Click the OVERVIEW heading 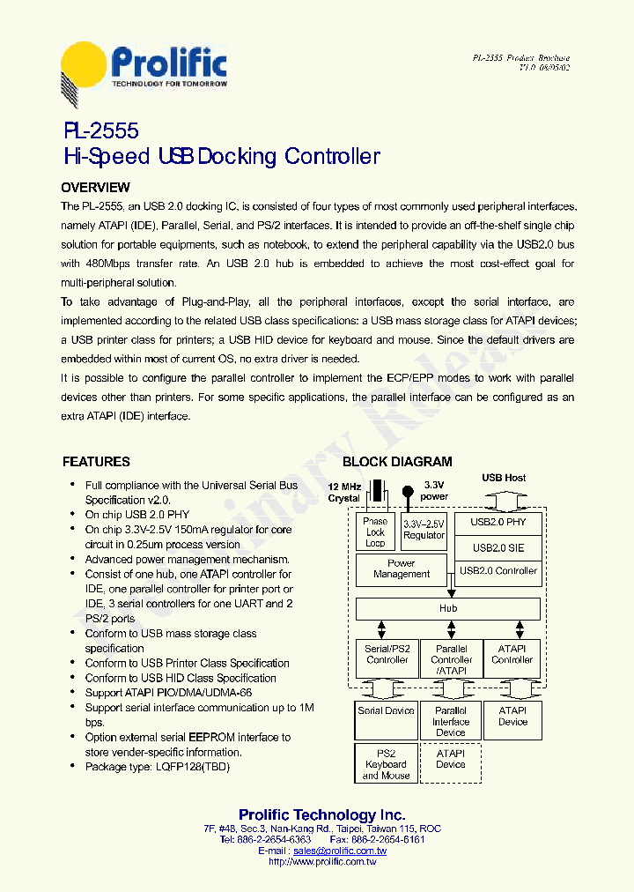(95, 188)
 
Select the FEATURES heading (96, 462)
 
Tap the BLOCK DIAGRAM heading (397, 462)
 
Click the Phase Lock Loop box (375, 532)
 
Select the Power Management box (402, 569)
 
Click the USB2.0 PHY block (498, 523)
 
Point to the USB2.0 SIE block (498, 547)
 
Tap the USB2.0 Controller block (498, 571)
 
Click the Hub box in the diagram (448, 609)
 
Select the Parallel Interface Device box (450, 721)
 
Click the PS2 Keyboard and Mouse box (386, 763)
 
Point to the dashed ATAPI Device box (450, 759)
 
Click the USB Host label (504, 479)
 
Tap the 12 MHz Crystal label (344, 493)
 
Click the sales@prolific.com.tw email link (340, 851)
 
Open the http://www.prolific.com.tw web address (322, 862)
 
